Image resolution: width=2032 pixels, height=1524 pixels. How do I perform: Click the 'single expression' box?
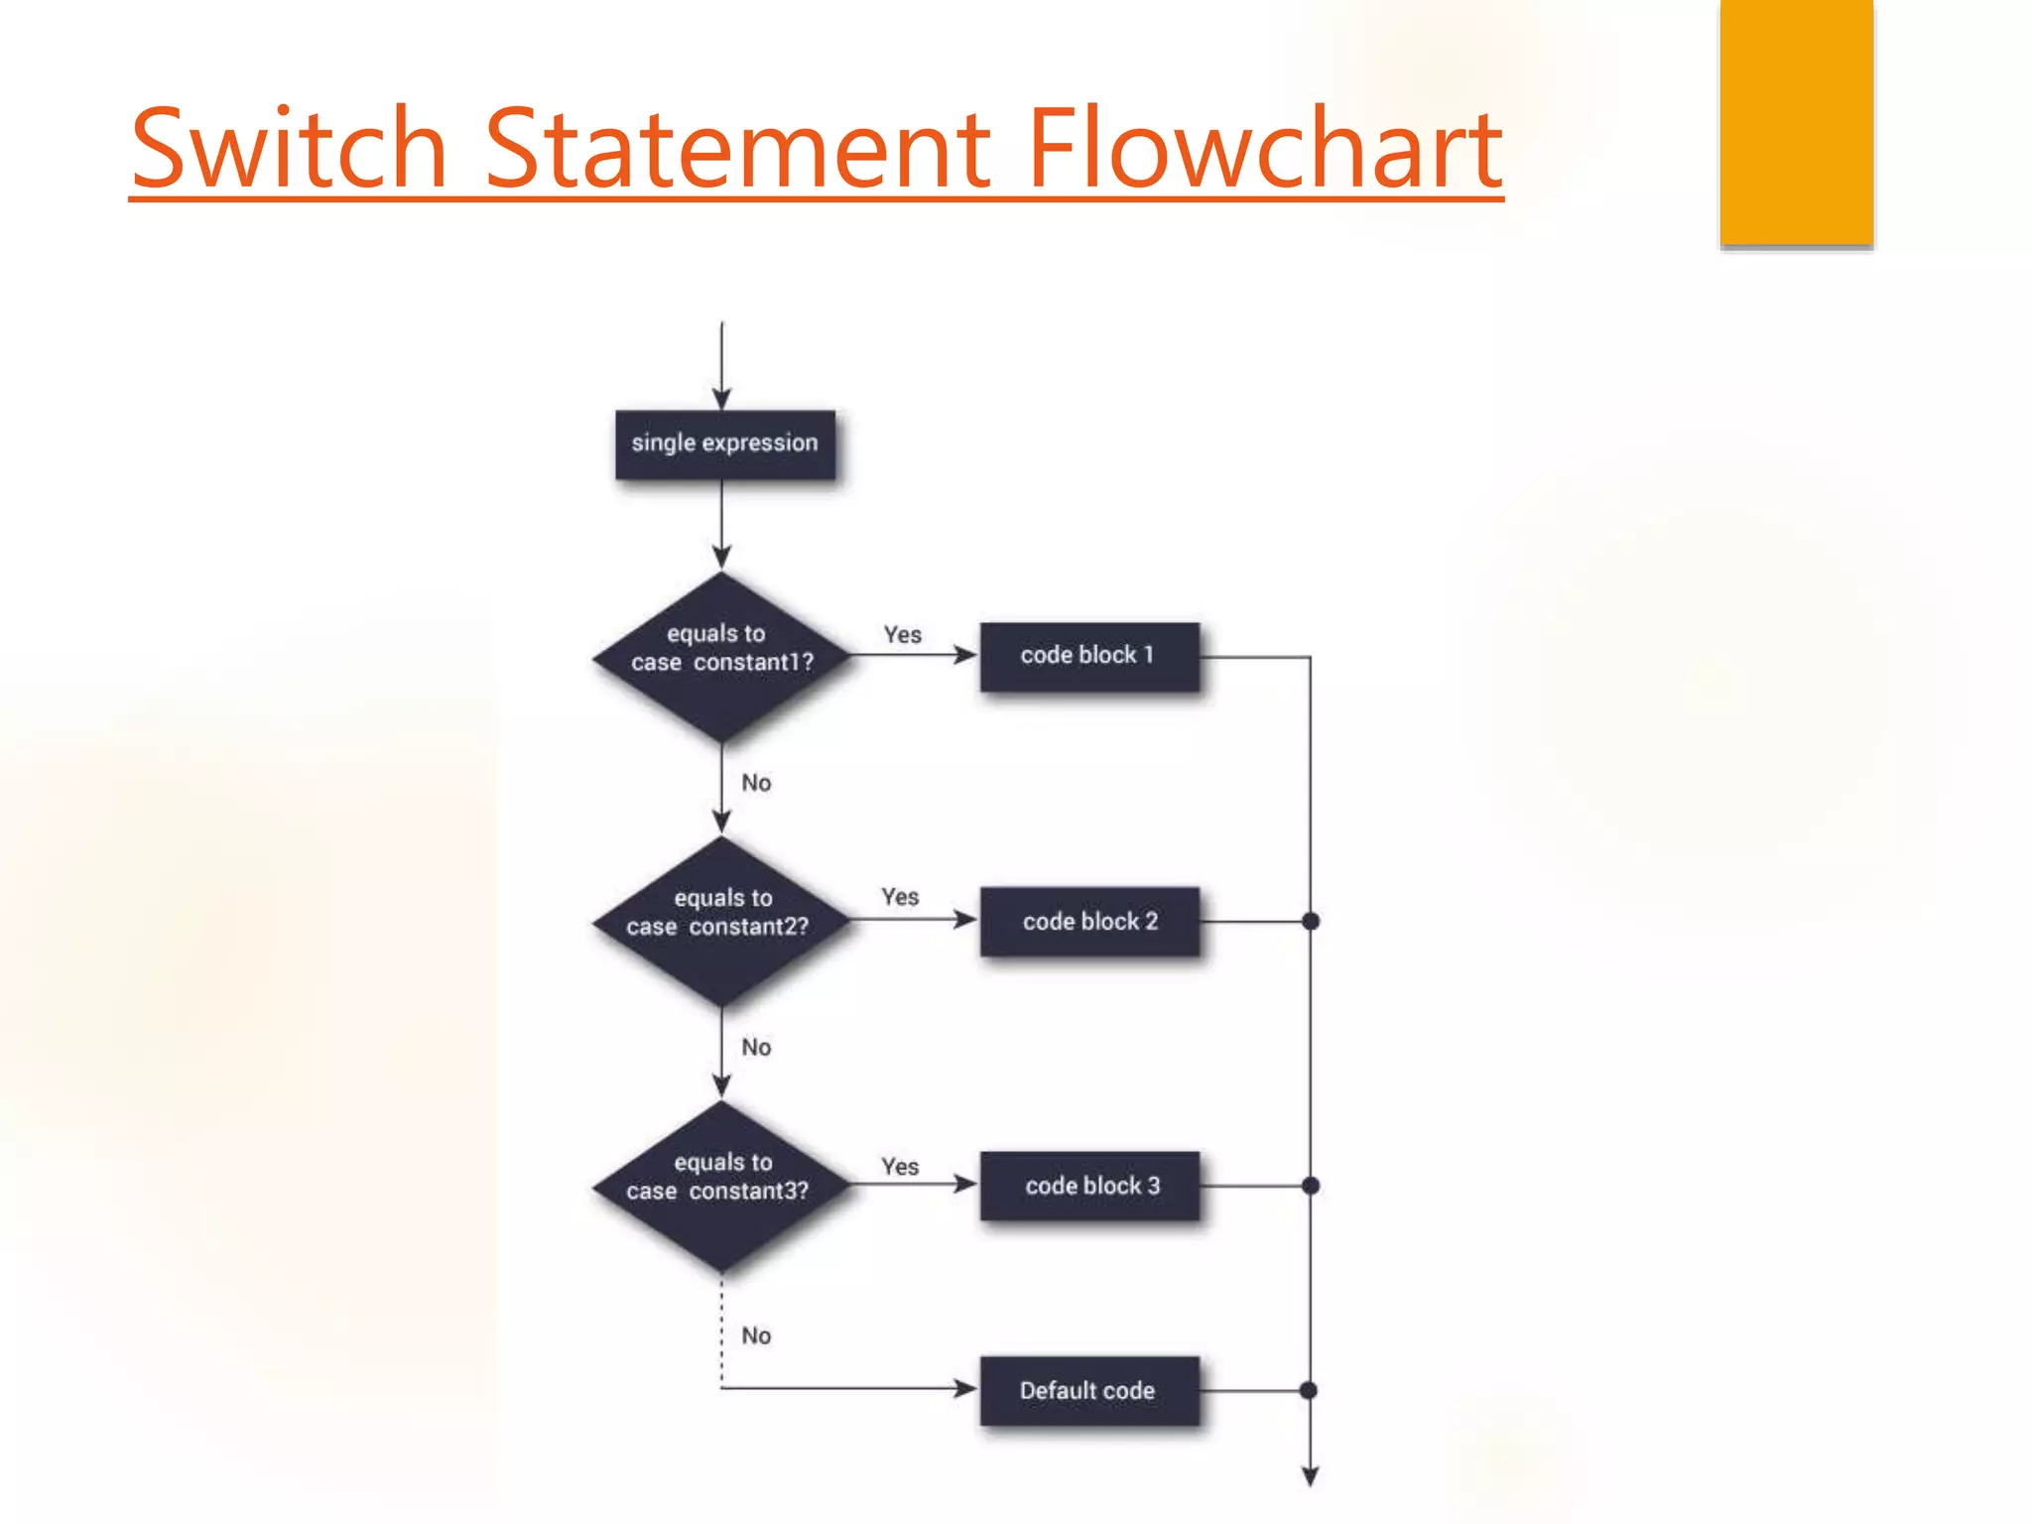724,444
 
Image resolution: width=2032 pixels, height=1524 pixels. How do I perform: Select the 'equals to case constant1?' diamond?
722,656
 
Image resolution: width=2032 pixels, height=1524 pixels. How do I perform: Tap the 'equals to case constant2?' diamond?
722,921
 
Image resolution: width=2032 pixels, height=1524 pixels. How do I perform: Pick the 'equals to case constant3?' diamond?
722,1185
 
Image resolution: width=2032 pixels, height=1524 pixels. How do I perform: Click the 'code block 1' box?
1089,656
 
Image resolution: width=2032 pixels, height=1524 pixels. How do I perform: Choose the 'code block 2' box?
1089,921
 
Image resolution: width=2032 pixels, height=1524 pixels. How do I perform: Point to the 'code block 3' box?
1089,1185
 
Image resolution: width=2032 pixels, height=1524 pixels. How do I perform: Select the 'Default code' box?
1089,1390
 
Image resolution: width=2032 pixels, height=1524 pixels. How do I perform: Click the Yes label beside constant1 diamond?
903,635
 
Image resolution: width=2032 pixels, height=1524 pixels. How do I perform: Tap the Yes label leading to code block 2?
900,897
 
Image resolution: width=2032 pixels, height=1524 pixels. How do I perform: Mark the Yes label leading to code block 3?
900,1167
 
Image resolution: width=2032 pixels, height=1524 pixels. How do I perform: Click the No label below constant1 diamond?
756,783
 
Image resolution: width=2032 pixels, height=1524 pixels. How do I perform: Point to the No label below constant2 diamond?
756,1047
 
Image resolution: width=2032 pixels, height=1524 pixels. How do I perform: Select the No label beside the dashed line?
756,1335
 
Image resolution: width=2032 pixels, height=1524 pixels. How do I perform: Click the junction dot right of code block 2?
1311,921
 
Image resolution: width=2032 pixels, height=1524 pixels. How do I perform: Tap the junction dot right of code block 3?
1311,1185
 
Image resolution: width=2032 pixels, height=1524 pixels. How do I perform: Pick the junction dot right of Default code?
1309,1390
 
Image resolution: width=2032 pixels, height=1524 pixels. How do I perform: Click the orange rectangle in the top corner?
1796,121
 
